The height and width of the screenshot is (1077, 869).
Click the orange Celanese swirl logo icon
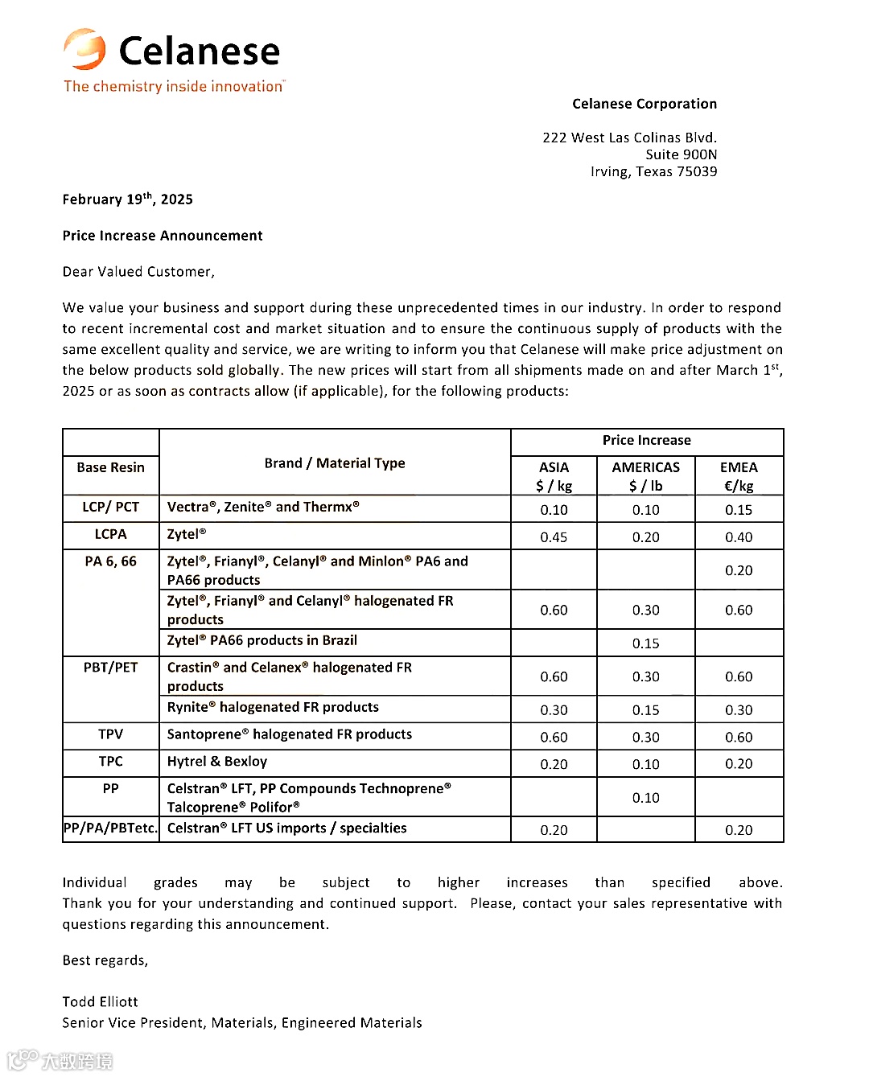click(x=84, y=49)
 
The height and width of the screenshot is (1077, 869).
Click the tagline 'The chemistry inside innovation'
click(x=174, y=86)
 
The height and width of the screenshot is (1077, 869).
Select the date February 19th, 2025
click(x=127, y=199)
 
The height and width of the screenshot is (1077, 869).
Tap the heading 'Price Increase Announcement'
click(x=163, y=236)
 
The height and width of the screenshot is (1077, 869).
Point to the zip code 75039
click(x=697, y=171)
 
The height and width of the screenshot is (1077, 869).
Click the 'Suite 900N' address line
click(x=681, y=154)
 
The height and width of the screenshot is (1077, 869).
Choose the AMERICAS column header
click(x=645, y=467)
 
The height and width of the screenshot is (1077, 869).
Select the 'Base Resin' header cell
click(x=111, y=467)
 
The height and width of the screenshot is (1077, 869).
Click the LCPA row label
click(x=111, y=534)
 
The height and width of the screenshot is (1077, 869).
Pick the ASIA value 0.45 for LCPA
click(x=554, y=537)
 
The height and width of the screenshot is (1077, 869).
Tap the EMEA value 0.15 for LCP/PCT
click(x=738, y=510)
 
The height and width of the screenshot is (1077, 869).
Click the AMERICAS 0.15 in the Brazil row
click(x=645, y=643)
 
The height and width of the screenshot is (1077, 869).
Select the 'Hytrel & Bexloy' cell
click(x=217, y=762)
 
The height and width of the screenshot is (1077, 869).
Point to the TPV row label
click(x=111, y=734)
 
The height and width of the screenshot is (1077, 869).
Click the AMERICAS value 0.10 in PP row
click(x=645, y=798)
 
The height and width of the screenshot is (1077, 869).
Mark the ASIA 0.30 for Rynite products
click(x=554, y=710)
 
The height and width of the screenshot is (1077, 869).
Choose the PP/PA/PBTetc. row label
click(x=111, y=828)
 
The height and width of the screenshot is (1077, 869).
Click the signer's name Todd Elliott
click(x=101, y=1001)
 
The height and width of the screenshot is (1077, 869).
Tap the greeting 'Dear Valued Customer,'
click(x=138, y=272)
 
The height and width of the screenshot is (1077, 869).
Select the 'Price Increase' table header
click(x=646, y=440)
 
